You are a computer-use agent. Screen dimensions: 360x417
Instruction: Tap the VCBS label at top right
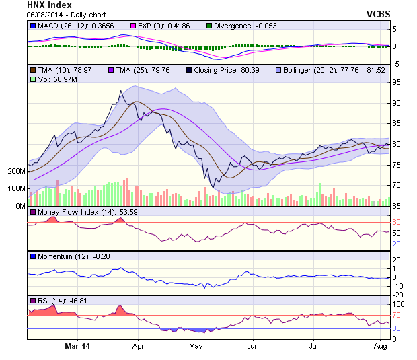coord(379,14)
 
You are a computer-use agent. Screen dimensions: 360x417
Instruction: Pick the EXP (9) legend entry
coord(167,26)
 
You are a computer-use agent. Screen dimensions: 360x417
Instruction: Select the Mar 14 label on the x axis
coord(77,346)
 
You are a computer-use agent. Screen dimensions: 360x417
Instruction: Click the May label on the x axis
coord(196,346)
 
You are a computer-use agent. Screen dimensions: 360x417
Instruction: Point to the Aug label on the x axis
coord(379,346)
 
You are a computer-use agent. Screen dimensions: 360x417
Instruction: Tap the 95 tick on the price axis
coord(397,82)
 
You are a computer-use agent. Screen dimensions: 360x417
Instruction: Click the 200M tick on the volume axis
coord(16,171)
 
